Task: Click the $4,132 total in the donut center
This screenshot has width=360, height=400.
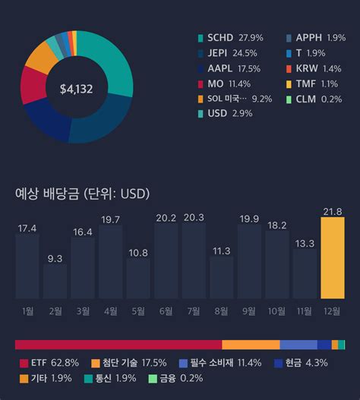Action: (x=77, y=89)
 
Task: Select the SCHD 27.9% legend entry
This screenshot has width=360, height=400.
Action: (x=231, y=38)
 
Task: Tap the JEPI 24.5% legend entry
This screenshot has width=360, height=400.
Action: (x=228, y=53)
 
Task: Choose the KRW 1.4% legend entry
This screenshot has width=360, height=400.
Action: (x=314, y=68)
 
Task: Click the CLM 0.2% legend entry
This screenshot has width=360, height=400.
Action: (x=314, y=99)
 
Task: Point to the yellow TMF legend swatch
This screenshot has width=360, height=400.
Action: (x=289, y=84)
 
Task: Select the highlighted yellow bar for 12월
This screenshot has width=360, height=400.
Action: (x=333, y=257)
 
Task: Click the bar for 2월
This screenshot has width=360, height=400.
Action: (x=55, y=281)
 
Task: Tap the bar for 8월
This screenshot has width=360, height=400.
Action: (x=221, y=277)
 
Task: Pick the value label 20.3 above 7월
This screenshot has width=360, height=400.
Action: (x=194, y=218)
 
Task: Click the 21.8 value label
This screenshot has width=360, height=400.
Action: (x=333, y=212)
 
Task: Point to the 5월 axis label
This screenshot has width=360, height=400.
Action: (x=138, y=311)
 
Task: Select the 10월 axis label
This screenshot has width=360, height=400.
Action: (x=276, y=311)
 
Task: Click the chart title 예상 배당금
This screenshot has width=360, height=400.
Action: (x=47, y=194)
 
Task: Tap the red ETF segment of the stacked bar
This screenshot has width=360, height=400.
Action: (x=118, y=345)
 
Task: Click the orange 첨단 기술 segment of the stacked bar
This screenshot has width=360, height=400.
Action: (x=251, y=345)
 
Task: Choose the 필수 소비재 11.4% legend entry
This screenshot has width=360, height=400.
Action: (x=220, y=363)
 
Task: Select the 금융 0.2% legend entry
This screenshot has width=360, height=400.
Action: (x=175, y=378)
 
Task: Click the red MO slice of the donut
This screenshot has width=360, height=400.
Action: (x=33, y=85)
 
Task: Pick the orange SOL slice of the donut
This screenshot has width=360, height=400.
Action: (x=42, y=58)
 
